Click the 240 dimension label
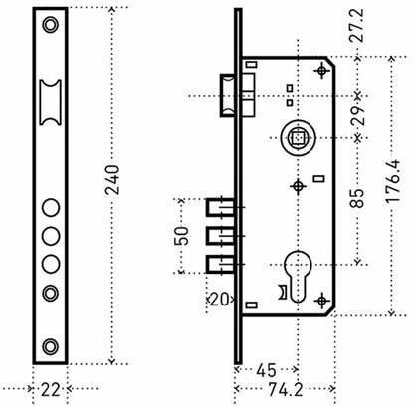point(112,180)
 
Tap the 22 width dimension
point(51,389)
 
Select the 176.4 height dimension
point(393,181)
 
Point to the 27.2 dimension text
point(357,26)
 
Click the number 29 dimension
point(357,116)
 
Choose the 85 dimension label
point(357,198)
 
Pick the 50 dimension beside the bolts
point(181,236)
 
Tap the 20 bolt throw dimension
point(220,300)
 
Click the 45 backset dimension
point(266,370)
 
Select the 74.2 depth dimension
point(286,390)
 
